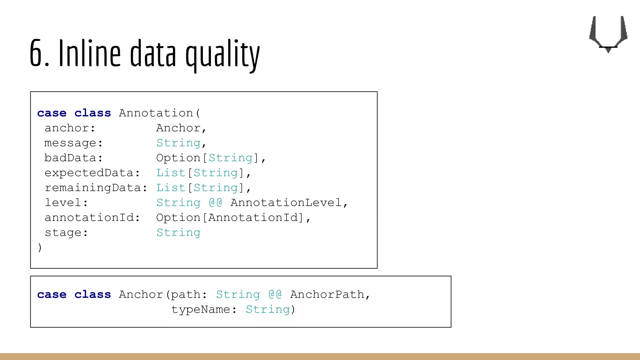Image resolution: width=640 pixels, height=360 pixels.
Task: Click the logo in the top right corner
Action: [608, 34]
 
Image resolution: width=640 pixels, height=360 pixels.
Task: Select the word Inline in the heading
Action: [89, 52]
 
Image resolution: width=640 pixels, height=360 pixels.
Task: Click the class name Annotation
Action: [156, 113]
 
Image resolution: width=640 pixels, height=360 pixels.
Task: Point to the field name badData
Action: [70, 158]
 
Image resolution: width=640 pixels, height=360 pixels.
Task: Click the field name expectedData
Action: [89, 173]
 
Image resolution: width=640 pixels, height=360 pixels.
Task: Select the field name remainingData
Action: [92, 188]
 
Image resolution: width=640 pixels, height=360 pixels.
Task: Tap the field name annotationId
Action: [89, 217]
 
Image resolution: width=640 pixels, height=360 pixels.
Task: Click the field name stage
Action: [63, 233]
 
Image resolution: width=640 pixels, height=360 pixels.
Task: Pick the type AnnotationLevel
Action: [286, 203]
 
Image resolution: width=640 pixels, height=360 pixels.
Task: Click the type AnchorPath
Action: [327, 295]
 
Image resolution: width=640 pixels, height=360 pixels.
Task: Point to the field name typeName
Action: [201, 309]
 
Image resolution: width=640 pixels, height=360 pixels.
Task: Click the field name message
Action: [70, 143]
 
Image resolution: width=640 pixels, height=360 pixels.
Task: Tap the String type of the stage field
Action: [178, 233]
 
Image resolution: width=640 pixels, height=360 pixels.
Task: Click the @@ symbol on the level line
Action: [215, 203]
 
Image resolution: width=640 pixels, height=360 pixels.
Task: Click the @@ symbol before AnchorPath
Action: [275, 295]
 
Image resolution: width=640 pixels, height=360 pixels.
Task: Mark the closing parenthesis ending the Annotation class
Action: [40, 247]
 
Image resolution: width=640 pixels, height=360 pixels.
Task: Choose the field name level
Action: [63, 203]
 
